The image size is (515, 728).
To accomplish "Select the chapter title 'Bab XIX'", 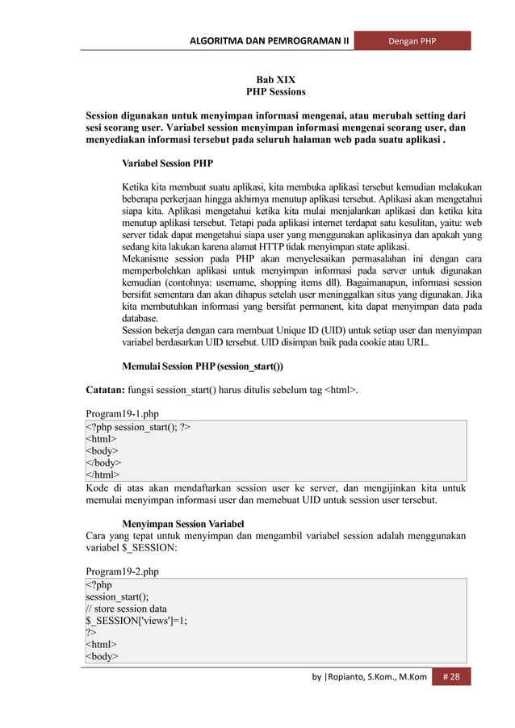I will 275,80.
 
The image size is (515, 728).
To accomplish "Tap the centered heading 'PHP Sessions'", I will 275,93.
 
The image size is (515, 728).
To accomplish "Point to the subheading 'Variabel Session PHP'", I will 168,163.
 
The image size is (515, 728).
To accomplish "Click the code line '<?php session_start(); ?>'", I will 139,426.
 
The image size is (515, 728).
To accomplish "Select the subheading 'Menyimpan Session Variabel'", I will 182,524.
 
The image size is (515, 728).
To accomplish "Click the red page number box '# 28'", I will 451,676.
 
